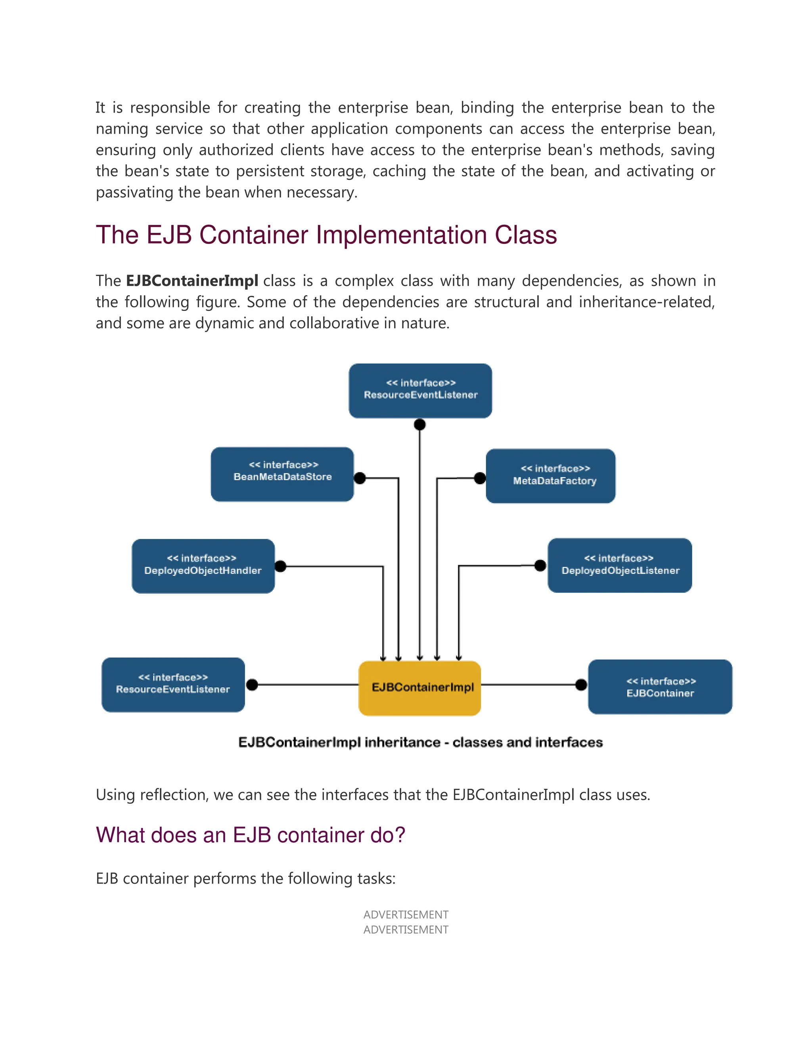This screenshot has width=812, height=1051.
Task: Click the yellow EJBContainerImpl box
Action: [419, 688]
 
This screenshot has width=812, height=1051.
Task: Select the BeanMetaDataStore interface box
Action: [282, 474]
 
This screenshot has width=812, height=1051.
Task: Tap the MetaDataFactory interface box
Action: [550, 476]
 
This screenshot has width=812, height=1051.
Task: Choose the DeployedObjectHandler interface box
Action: [203, 566]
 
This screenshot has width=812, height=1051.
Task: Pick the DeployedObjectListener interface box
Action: [620, 565]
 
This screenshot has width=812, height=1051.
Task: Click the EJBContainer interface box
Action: [660, 687]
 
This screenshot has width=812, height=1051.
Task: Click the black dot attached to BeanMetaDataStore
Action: [359, 478]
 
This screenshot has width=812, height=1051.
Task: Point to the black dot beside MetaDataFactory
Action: [480, 478]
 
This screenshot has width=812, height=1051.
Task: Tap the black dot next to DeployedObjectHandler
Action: [280, 566]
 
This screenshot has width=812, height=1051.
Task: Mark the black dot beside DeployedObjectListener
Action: [540, 566]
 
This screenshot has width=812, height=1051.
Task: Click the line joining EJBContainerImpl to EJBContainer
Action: [529, 684]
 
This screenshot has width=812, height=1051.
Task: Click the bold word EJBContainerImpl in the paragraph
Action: [192, 280]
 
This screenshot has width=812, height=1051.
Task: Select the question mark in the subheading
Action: [400, 835]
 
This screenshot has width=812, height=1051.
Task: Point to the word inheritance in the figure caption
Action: [402, 742]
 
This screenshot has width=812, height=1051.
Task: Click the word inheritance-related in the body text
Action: [647, 302]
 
